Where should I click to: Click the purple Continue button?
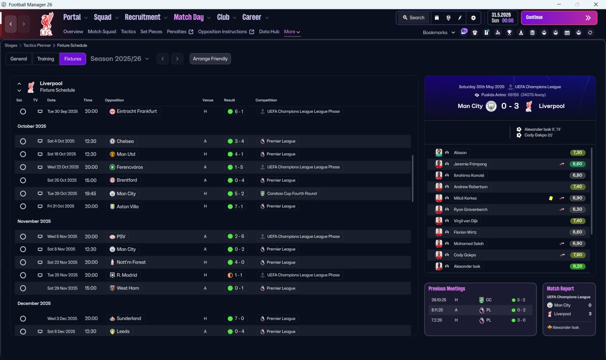click(x=559, y=18)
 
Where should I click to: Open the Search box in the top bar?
click(x=414, y=18)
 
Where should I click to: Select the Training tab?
click(x=45, y=59)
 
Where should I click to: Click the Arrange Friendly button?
click(x=210, y=59)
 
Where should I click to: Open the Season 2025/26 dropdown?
click(x=120, y=59)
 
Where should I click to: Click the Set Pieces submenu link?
click(x=151, y=32)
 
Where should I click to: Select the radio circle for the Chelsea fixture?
click(x=23, y=141)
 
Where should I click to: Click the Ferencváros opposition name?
click(x=130, y=167)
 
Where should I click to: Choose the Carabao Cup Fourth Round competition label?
click(x=292, y=194)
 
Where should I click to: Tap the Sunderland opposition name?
click(x=129, y=318)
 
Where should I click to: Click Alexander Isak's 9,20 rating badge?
click(x=577, y=266)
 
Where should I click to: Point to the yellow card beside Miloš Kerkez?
click(x=551, y=198)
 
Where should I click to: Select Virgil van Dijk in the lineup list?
click(x=465, y=221)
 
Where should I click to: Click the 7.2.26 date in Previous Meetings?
click(x=437, y=320)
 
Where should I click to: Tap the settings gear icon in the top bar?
click(x=473, y=18)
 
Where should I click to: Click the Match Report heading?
click(x=560, y=288)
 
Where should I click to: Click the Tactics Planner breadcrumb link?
click(x=37, y=45)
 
